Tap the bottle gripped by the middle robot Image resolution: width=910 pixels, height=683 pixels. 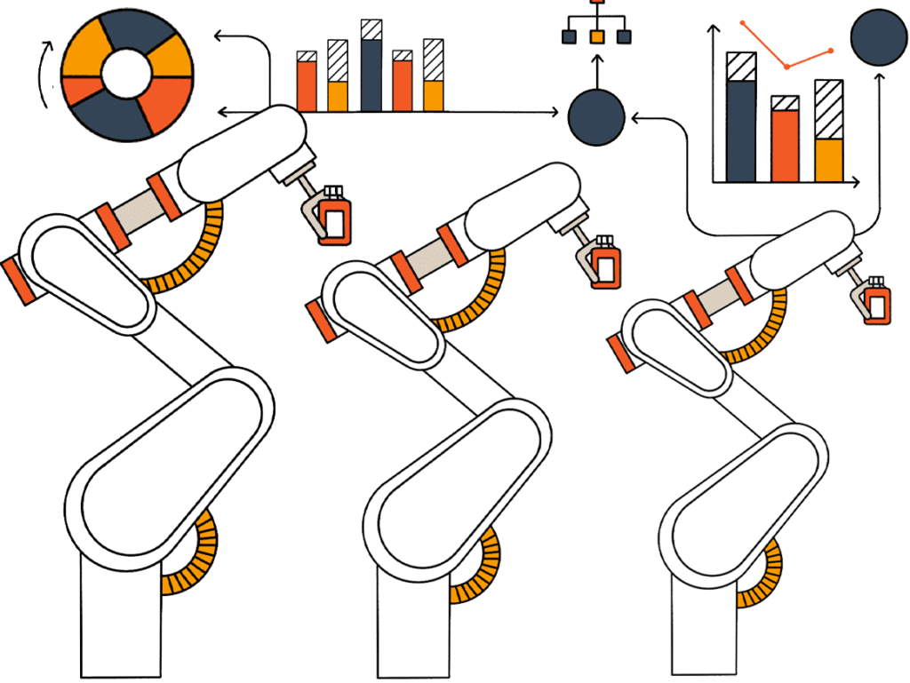tap(608, 266)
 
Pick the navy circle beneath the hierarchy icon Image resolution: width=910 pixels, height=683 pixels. tap(596, 116)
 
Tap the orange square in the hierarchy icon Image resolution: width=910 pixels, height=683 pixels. tap(596, 36)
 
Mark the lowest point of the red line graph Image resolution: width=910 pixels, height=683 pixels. tap(786, 67)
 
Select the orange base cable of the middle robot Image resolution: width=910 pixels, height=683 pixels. tap(480, 568)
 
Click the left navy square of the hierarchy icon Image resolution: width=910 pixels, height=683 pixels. tap(570, 36)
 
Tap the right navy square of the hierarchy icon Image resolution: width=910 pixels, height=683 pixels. tap(624, 36)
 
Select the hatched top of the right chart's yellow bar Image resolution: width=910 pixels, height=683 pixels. tap(828, 109)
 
